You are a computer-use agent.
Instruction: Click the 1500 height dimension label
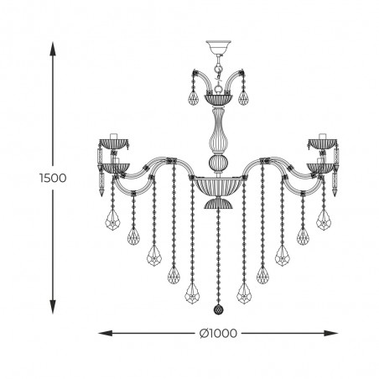(53, 178)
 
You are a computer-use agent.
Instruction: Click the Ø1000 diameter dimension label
(218, 333)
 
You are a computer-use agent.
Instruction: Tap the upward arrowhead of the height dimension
(53, 49)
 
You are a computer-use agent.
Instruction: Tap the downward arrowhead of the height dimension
(53, 307)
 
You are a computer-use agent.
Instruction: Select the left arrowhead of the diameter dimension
(106, 333)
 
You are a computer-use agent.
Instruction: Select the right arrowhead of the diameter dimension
(331, 333)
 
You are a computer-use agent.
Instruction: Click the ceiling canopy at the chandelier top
(219, 48)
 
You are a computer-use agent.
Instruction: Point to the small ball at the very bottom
(218, 309)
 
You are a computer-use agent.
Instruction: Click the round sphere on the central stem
(219, 163)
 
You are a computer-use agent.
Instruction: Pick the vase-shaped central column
(219, 131)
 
